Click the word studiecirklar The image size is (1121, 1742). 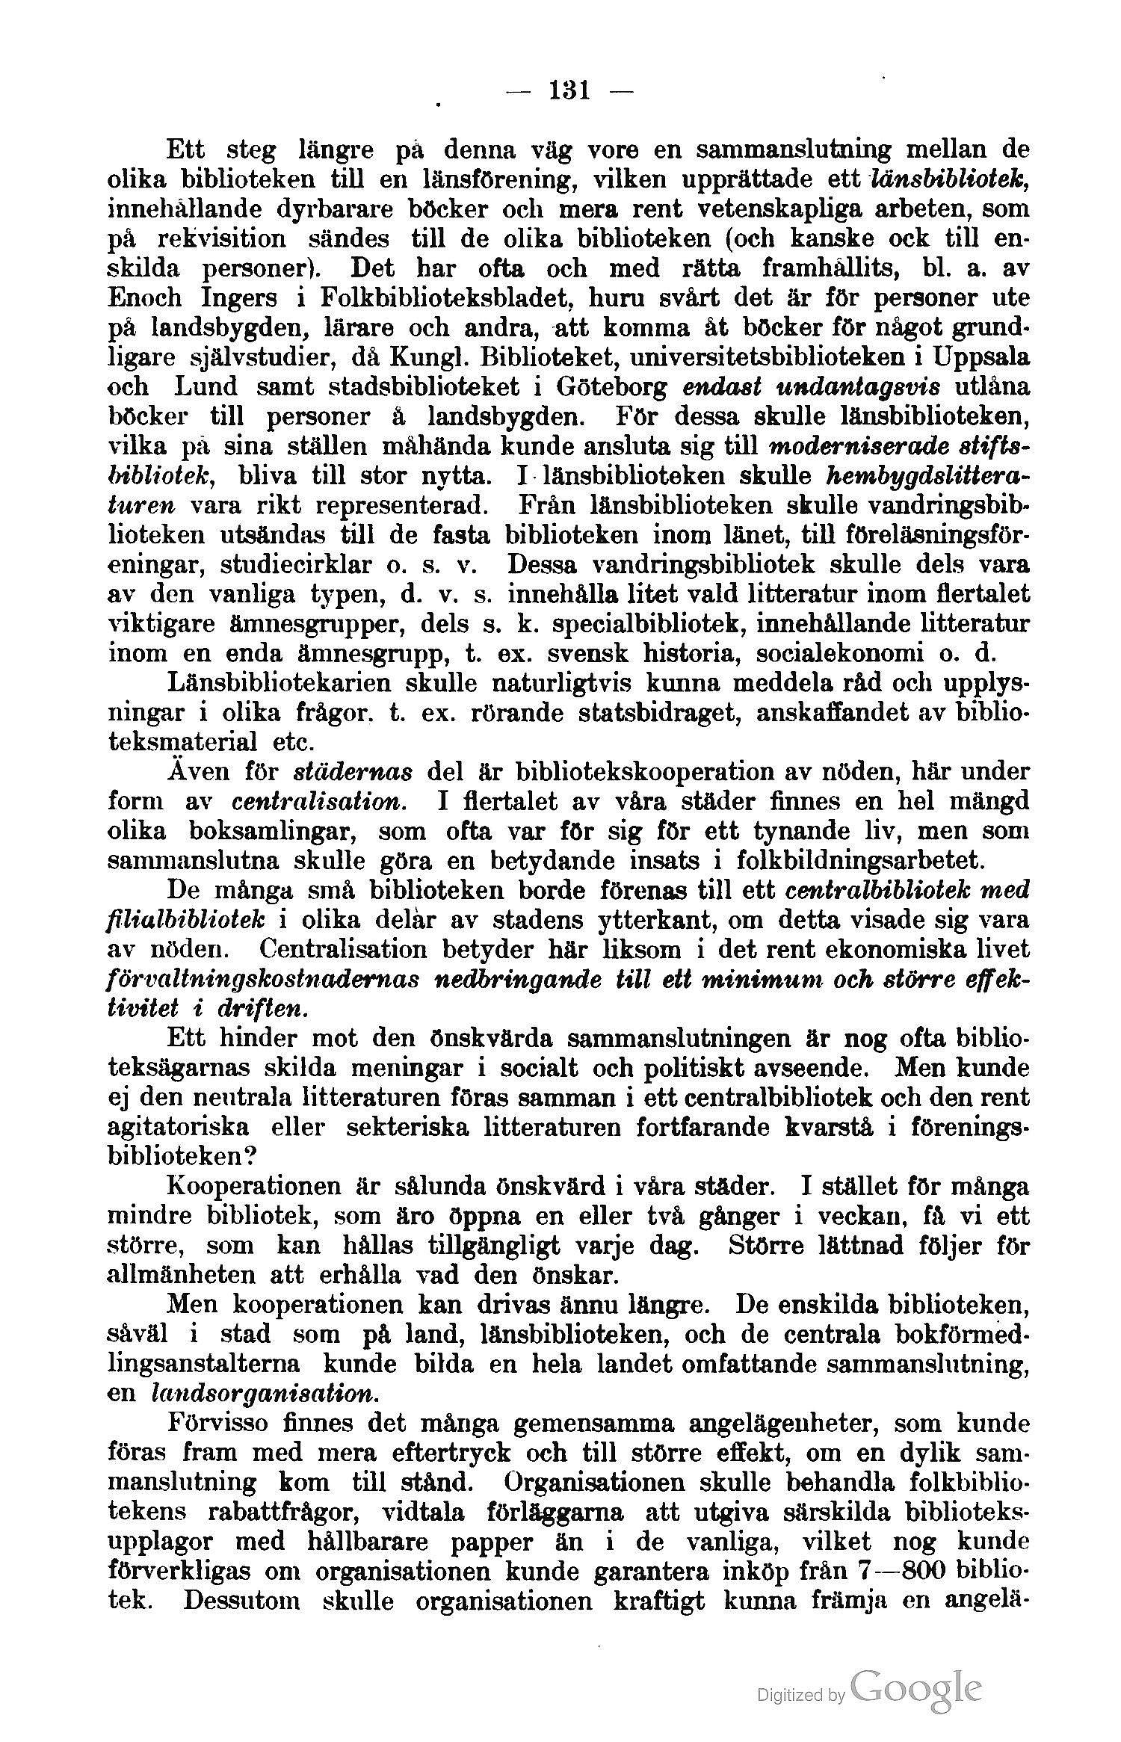(291, 563)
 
